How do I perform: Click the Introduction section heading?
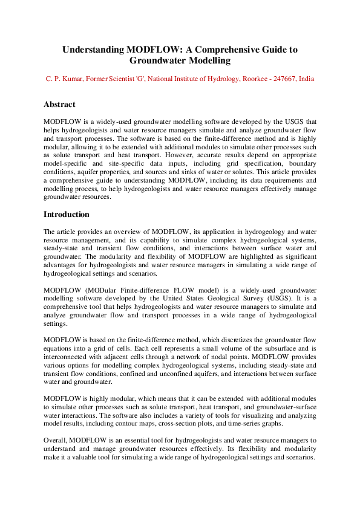[67, 214]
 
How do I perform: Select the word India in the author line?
[307, 79]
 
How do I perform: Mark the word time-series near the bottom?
[258, 424]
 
